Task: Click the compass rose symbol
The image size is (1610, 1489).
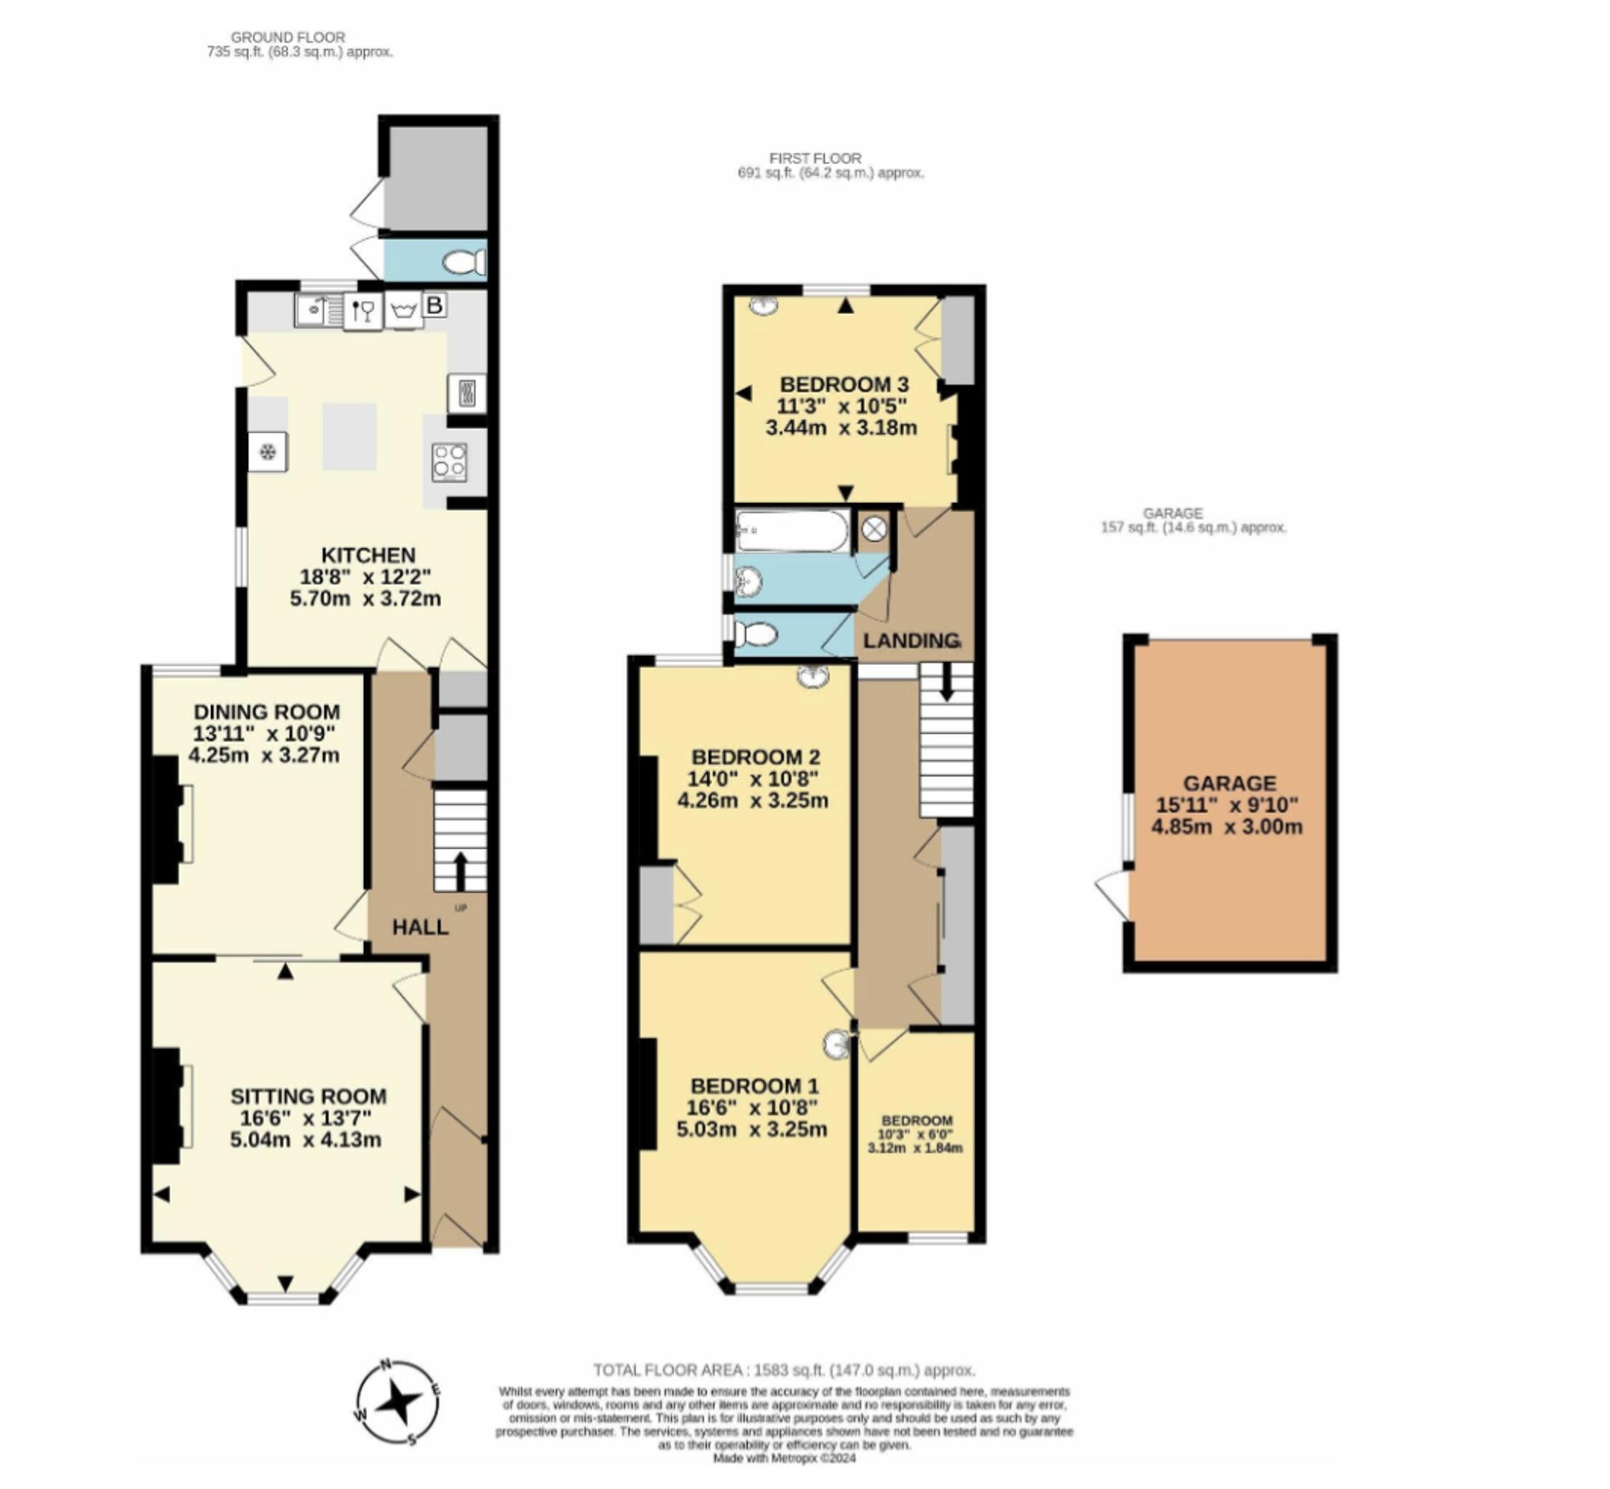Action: tap(398, 1403)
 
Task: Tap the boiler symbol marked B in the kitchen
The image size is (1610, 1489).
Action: tap(435, 305)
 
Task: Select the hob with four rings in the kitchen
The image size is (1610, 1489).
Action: tap(449, 463)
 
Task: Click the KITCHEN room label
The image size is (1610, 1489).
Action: tap(368, 555)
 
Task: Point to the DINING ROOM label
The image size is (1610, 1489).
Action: tap(266, 712)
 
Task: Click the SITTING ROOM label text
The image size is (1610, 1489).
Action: tap(308, 1095)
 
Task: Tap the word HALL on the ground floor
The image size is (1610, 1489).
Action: tap(420, 926)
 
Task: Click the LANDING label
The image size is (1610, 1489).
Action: tap(910, 641)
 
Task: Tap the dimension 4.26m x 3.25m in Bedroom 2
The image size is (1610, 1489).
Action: tap(753, 801)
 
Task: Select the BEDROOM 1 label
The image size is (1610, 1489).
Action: tap(754, 1085)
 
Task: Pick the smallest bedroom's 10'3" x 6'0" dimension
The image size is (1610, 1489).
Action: tap(915, 1135)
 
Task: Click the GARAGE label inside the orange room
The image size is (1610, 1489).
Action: tap(1229, 783)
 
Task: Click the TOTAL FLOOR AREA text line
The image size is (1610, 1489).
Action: tap(783, 1370)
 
